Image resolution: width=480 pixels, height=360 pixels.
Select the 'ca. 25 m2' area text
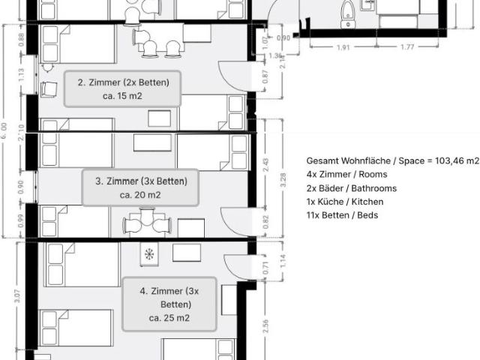[x=169, y=318]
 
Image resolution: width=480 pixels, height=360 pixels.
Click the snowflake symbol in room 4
[x=148, y=255]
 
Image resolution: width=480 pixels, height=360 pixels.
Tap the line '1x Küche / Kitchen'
[x=344, y=202]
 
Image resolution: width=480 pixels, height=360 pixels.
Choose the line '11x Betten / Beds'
[x=342, y=215]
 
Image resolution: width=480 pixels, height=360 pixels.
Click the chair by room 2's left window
[x=49, y=89]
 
